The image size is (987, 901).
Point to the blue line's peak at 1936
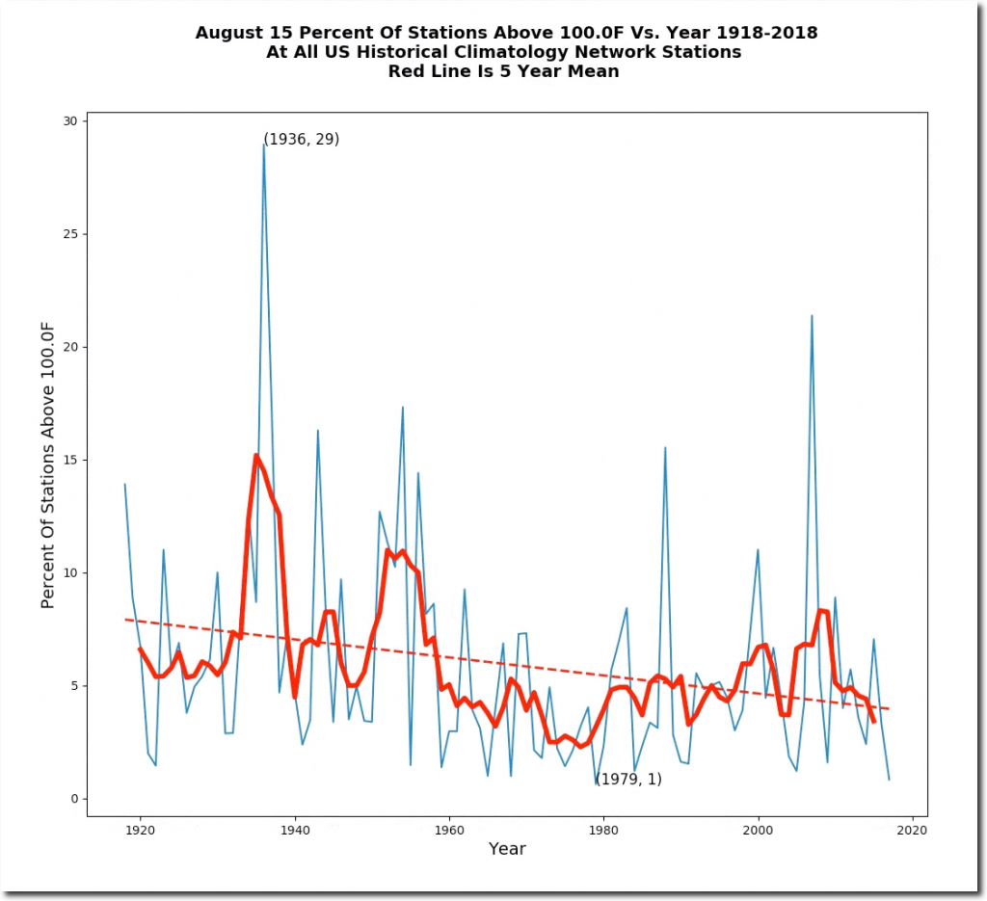coord(263,145)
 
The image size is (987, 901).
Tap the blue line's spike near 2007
coord(812,316)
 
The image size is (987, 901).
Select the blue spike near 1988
coord(665,447)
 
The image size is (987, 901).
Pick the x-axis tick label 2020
coord(913,829)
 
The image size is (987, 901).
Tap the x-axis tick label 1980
coord(603,829)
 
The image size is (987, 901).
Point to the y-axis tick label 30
coord(70,120)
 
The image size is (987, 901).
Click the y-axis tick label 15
coord(70,460)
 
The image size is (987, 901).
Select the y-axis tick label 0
coord(74,799)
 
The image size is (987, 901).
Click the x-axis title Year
coord(507,849)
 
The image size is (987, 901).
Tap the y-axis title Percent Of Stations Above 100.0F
coord(48,460)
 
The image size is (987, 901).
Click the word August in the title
coord(230,33)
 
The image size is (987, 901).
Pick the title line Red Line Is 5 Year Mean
coord(507,70)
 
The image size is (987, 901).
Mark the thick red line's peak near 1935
coord(255,455)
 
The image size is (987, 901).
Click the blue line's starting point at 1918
coord(125,484)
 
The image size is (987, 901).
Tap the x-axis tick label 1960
coord(449,829)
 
